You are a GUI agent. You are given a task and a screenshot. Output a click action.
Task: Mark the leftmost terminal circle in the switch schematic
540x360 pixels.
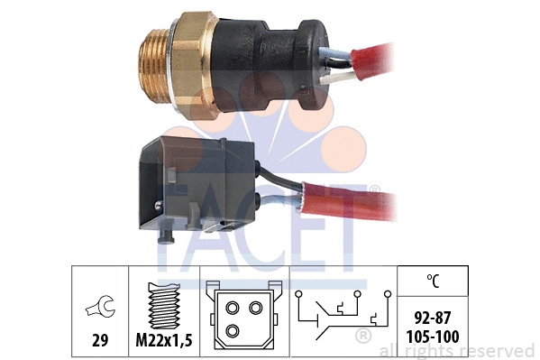click(297, 294)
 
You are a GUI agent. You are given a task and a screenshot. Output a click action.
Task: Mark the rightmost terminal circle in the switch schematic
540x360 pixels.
click(387, 294)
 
